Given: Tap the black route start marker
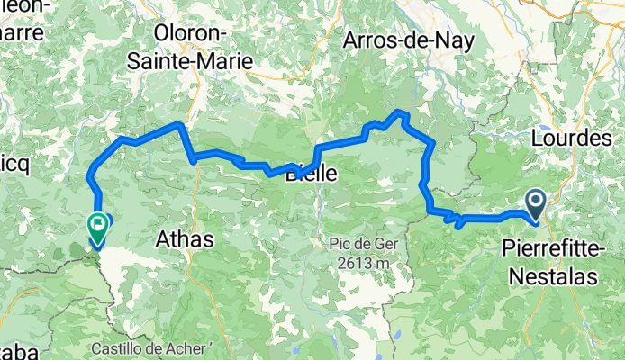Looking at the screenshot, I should (534, 205).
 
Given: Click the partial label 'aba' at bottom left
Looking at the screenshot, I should (9, 349).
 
